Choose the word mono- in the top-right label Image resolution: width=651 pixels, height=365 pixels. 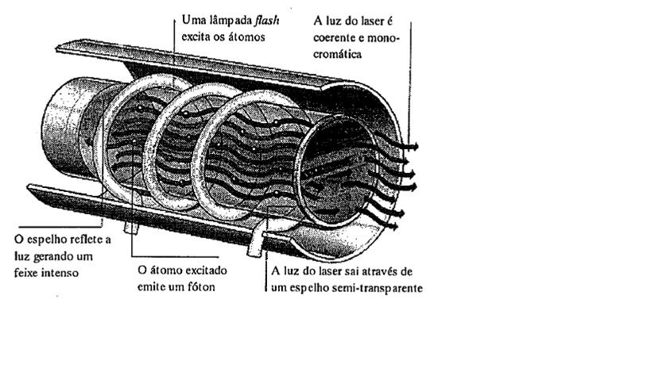coord(385,38)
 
